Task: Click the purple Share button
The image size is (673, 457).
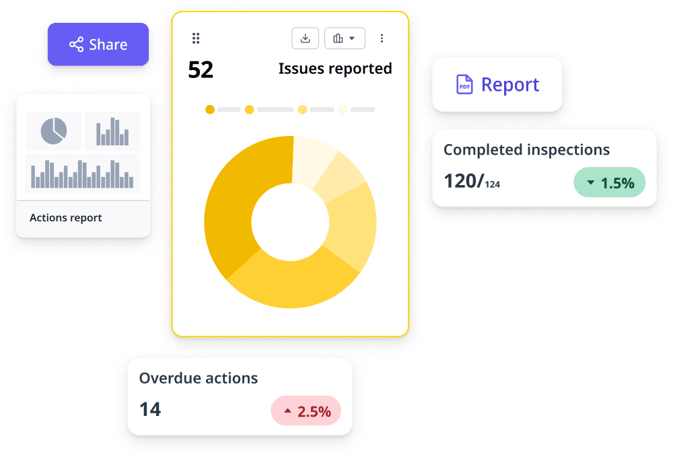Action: coord(98,44)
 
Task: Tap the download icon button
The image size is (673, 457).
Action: coord(305,38)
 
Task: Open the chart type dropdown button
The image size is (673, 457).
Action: coord(345,38)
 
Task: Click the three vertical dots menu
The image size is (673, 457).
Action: coord(382,38)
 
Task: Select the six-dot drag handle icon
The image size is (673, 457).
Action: coord(196,38)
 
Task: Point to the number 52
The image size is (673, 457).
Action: coord(201,70)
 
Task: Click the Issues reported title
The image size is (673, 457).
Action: coord(335,69)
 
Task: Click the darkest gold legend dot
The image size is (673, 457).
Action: coord(210,109)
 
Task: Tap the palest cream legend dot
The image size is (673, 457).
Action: coord(343,109)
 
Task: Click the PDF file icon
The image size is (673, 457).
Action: coord(464,85)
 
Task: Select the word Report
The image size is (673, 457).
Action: coord(510,85)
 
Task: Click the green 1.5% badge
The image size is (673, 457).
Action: coord(609,182)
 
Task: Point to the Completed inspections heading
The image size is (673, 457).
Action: coord(526,149)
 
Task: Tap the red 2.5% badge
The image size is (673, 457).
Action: coord(306,411)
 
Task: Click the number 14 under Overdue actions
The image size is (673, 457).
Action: coord(150,409)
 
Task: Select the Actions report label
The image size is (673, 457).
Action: coord(66,218)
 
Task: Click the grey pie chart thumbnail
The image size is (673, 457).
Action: coord(54,131)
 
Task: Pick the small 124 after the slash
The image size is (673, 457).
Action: coord(493,184)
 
